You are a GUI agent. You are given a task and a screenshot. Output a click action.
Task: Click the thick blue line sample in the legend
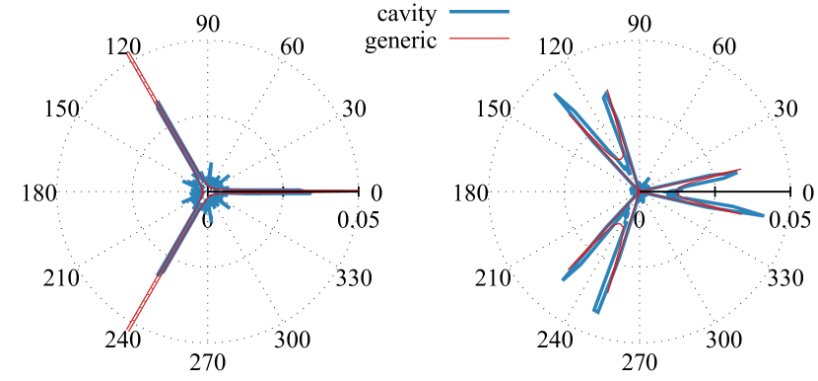point(479,12)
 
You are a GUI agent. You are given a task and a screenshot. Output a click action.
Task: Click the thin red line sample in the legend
point(479,38)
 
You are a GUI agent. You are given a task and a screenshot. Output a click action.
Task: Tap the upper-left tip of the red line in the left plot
point(128,53)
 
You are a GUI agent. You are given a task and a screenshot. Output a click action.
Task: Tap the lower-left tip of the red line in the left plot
point(127,331)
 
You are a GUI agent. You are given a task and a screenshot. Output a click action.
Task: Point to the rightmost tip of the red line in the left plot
point(357,190)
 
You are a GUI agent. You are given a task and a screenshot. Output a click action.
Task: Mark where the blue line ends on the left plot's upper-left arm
point(157,102)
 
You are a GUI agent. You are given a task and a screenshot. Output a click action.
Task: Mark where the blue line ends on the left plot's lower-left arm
point(158,274)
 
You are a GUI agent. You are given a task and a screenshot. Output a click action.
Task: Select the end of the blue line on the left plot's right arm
point(311,192)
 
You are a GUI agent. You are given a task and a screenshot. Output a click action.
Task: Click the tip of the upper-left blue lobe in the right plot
point(556,95)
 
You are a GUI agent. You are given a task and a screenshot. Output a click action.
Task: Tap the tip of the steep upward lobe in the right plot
point(606,92)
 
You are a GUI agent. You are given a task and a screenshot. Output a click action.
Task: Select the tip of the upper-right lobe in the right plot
point(739,170)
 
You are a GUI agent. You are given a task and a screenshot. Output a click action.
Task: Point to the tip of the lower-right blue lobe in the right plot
point(763,215)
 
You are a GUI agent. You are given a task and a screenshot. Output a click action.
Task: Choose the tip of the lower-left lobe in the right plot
point(564,279)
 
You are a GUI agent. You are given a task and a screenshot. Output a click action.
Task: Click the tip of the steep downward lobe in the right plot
point(596,312)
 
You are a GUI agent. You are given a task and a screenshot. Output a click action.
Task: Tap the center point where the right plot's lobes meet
point(638,190)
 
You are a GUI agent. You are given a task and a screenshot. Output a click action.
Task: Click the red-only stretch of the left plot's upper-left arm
point(142,77)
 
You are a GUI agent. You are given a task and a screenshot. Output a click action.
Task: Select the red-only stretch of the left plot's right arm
point(335,190)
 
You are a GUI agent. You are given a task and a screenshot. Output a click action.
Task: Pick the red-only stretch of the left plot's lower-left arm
point(142,303)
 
